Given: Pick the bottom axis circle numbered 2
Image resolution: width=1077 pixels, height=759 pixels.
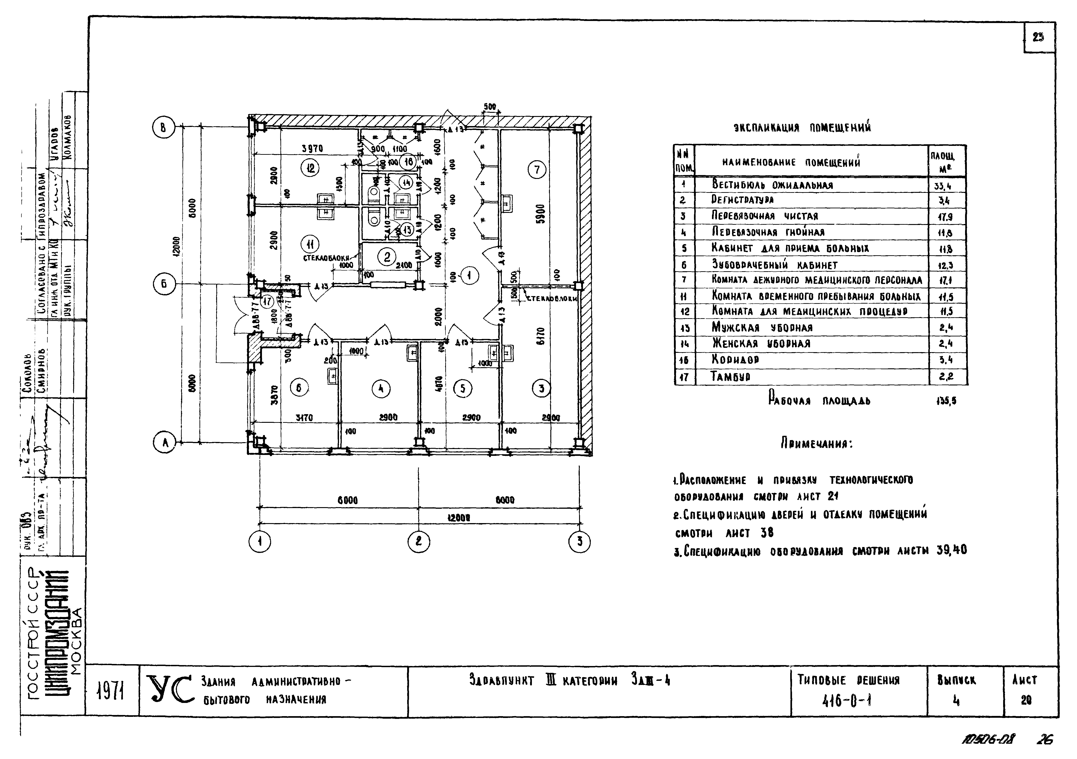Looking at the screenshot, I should click(418, 542).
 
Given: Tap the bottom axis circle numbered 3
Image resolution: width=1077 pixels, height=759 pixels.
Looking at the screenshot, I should click(579, 542).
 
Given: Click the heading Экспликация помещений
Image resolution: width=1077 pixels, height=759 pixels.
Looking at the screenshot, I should click(802, 128).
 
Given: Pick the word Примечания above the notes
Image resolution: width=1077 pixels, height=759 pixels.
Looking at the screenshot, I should click(816, 443).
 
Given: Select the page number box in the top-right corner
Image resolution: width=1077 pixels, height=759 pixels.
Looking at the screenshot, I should click(1038, 38).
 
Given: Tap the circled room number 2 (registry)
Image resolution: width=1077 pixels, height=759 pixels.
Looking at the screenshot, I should click(387, 257).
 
